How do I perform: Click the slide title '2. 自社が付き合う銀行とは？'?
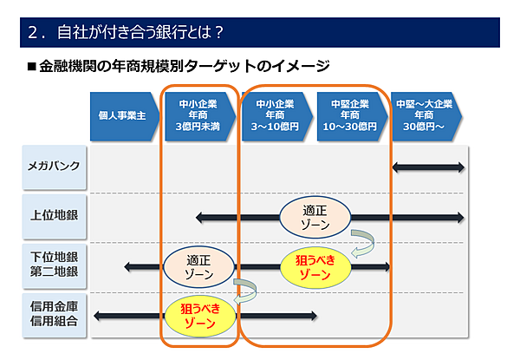[126, 32]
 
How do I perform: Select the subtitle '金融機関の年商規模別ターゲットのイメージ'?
[185, 66]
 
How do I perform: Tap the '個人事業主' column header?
[121, 115]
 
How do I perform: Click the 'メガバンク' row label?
[54, 167]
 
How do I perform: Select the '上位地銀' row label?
[54, 216]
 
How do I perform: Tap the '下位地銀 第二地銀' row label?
[54, 265]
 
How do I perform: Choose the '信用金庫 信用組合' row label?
[54, 315]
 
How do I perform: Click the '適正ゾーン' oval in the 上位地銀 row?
[315, 218]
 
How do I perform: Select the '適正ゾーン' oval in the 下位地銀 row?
[199, 267]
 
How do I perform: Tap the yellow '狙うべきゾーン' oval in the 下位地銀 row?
[315, 267]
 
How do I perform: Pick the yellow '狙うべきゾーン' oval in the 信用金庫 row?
[200, 317]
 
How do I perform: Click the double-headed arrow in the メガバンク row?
[428, 167]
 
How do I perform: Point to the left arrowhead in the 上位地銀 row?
[199, 218]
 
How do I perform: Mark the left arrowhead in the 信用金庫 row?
[97, 316]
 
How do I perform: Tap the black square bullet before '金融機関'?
[32, 67]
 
